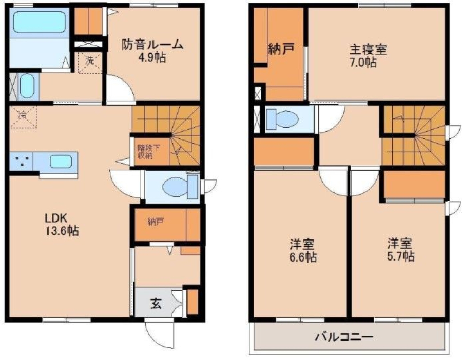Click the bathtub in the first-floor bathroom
pos(39,22)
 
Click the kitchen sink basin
pos(61,162)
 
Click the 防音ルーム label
pos(152,45)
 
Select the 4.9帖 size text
pos(152,57)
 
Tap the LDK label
pos(56,218)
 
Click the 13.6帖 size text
pos(62,231)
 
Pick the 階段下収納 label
pos(145,152)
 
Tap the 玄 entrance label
pos(156,304)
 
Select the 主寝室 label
pos(368,50)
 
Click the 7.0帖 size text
pos(363,63)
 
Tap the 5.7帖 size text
pos(401,256)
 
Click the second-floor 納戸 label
pos(281,49)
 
